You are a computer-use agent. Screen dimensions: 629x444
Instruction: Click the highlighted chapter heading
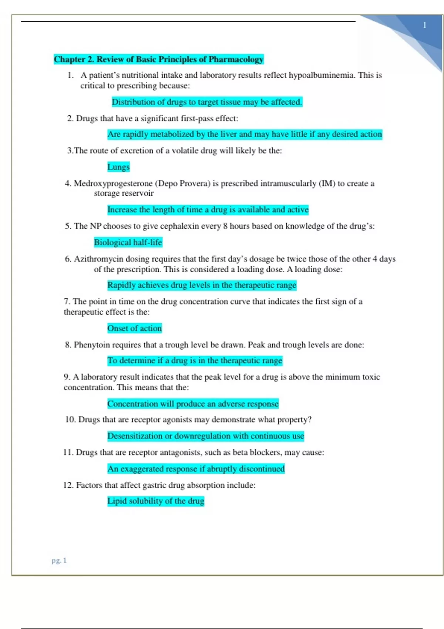(158, 59)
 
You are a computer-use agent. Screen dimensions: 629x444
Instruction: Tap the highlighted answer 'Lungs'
(118, 167)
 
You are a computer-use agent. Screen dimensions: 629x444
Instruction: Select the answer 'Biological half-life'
(128, 242)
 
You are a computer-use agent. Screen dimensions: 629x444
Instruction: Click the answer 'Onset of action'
(134, 328)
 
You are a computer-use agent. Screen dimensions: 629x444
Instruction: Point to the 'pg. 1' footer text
(59, 560)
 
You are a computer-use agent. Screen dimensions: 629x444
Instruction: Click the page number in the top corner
(425, 25)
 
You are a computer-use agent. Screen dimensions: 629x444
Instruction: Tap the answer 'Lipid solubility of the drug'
(156, 501)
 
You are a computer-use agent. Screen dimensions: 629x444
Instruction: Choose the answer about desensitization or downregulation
(206, 436)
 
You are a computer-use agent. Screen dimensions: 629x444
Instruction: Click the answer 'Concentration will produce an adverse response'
(193, 404)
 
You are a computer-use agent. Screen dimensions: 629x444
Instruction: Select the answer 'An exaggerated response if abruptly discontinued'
(196, 469)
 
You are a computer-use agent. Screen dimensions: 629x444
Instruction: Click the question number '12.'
(68, 485)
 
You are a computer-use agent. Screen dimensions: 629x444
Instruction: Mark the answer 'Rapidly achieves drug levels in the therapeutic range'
(202, 285)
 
